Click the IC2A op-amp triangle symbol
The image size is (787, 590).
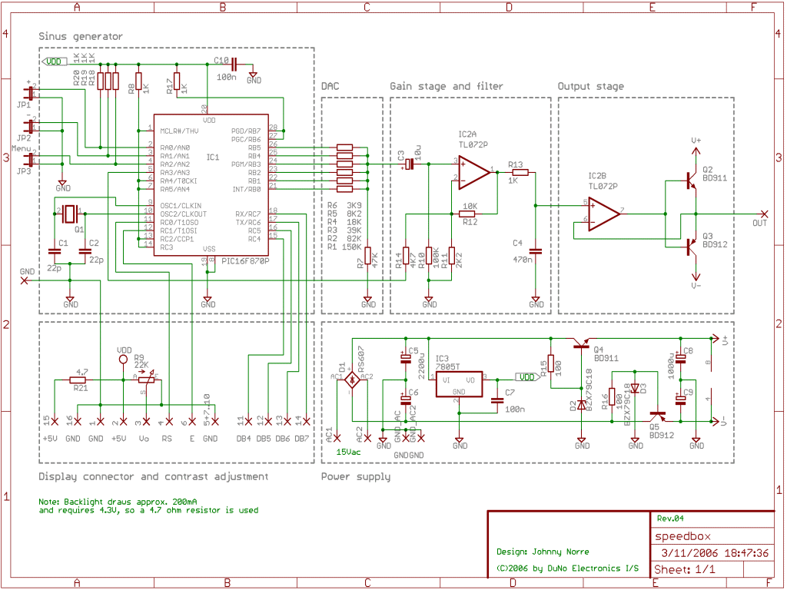click(475, 172)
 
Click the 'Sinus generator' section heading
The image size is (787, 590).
click(81, 37)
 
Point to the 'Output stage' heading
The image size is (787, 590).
click(590, 87)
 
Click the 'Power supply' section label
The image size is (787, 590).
click(355, 477)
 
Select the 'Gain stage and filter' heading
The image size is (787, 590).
click(446, 87)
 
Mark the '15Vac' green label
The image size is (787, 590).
click(349, 452)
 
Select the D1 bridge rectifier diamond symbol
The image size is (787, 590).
click(352, 379)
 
